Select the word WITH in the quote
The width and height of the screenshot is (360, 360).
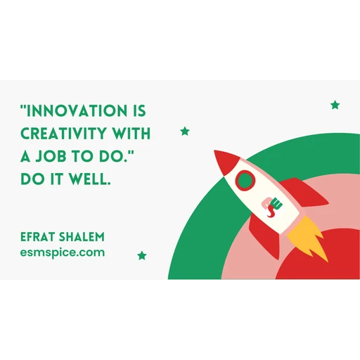point(131,134)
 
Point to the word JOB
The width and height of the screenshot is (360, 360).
point(51,156)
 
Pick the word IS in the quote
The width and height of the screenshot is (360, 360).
point(139,110)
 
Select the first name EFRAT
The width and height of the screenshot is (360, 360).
point(37,237)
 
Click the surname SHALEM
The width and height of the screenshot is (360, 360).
point(82,237)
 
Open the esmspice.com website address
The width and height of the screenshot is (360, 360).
point(63,253)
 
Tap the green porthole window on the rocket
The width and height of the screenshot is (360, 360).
point(245,179)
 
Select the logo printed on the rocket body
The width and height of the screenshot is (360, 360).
point(272,206)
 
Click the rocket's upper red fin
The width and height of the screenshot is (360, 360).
point(304,192)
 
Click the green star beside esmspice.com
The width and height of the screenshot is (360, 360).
point(142,255)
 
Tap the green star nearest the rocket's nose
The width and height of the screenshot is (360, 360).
point(185,131)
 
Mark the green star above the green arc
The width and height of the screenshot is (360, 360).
point(335,105)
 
